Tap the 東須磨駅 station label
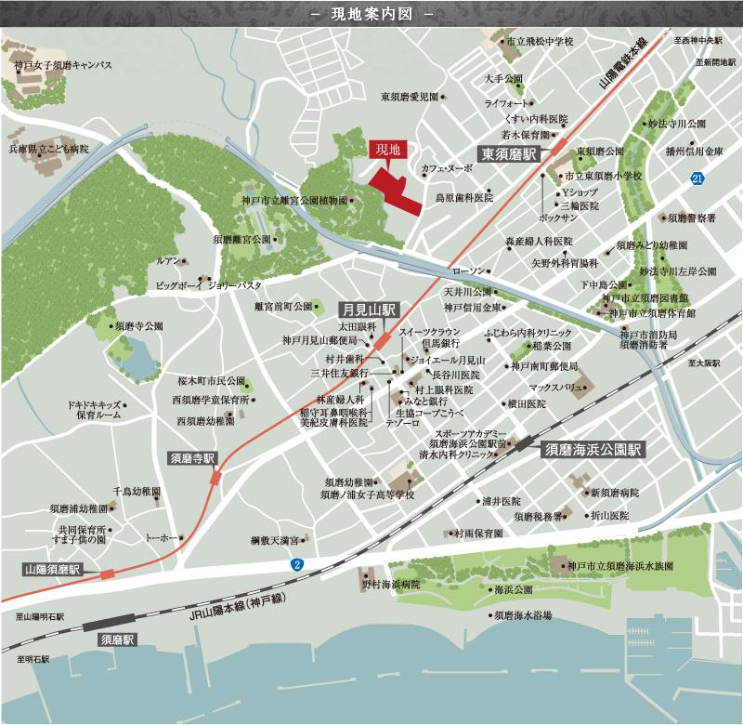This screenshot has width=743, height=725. (x=509, y=155)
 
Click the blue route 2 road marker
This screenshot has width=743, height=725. (x=296, y=563)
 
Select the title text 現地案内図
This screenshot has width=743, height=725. (x=371, y=16)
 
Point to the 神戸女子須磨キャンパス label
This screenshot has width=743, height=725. (x=63, y=65)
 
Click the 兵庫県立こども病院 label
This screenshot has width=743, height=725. (x=49, y=148)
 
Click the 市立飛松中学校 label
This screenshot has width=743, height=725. (x=537, y=42)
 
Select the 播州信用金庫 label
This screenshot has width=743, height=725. (x=688, y=150)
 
